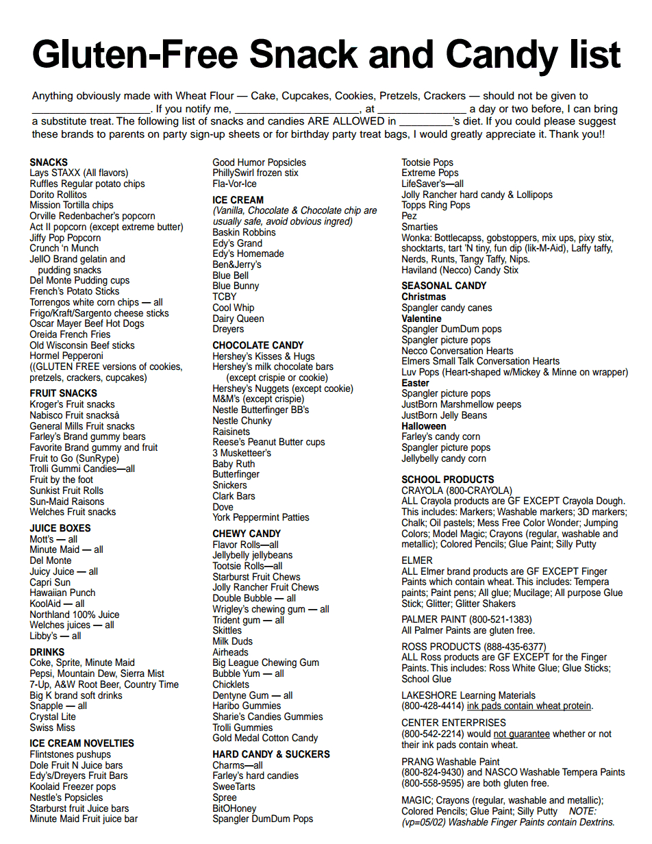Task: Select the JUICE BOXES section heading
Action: [x=60, y=528]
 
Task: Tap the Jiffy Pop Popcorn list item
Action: [x=65, y=238]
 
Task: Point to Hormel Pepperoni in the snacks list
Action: [x=66, y=356]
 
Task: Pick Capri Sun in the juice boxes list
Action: [x=50, y=582]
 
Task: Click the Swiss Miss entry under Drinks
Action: [x=52, y=728]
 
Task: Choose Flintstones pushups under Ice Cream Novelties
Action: [x=70, y=754]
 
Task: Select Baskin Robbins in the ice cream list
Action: [x=244, y=232]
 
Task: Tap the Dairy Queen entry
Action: [x=238, y=319]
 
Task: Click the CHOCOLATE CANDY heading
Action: [x=258, y=345]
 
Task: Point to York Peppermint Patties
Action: [x=261, y=517]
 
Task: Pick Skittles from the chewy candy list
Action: [x=227, y=630]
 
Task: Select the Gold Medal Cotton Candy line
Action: [x=265, y=738]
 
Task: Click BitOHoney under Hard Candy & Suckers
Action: [x=234, y=808]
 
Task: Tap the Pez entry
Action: [x=409, y=216]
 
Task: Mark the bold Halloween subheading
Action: [x=424, y=426]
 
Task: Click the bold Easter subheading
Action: [x=416, y=383]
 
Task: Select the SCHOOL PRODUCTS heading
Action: [x=448, y=480]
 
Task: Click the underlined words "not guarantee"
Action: [x=522, y=734]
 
